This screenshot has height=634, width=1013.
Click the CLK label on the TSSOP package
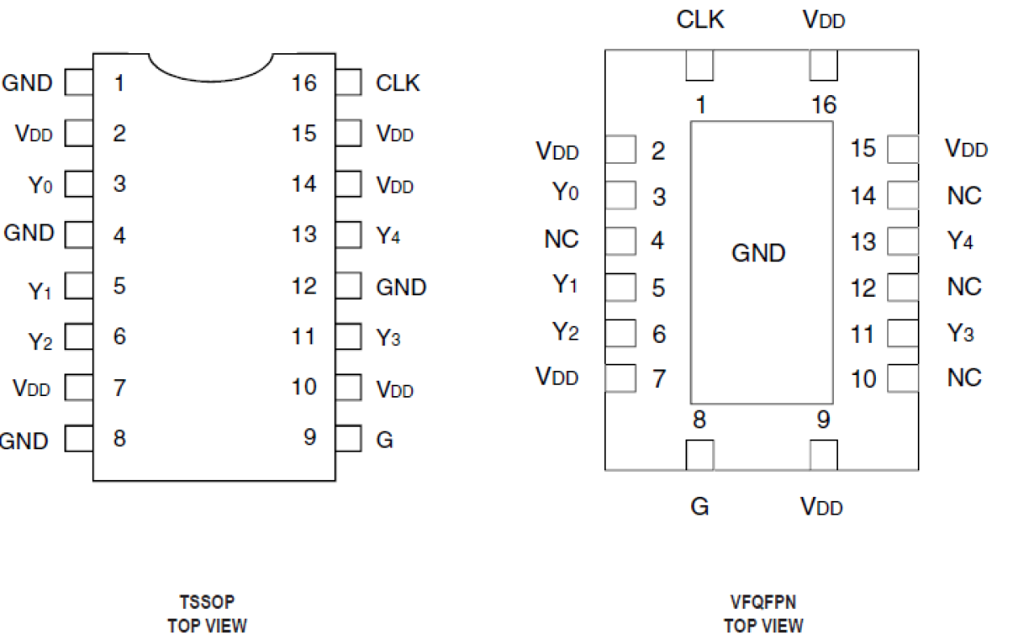click(398, 83)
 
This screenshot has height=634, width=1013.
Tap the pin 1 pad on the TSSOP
click(78, 82)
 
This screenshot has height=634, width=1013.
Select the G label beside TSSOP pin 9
click(385, 441)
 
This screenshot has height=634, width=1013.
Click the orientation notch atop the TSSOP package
click(211, 66)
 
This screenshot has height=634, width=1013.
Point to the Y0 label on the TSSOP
click(40, 185)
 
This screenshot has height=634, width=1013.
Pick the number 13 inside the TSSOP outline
click(304, 235)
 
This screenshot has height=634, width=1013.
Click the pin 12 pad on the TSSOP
click(348, 286)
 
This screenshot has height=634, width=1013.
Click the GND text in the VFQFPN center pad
click(758, 253)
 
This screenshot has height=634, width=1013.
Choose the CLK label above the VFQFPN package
click(699, 20)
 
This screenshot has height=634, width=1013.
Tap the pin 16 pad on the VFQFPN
click(823, 66)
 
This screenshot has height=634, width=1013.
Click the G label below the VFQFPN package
click(699, 507)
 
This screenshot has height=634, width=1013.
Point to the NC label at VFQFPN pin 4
click(561, 240)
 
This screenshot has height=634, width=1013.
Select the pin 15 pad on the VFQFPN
click(903, 149)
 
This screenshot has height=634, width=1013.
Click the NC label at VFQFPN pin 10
click(964, 378)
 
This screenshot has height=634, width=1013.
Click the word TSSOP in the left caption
click(206, 603)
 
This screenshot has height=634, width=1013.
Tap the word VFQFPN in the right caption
click(763, 603)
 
